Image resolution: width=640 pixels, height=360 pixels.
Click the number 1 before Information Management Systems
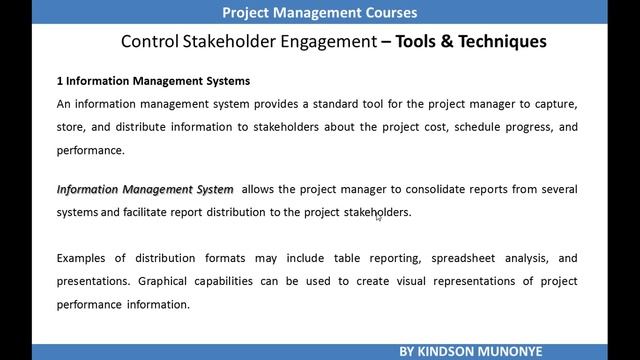[x=59, y=81]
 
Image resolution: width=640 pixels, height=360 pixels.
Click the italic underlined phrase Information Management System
[x=145, y=189]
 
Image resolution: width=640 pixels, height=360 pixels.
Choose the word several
[x=556, y=189]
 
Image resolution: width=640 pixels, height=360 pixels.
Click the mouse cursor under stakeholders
[x=378, y=217]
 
